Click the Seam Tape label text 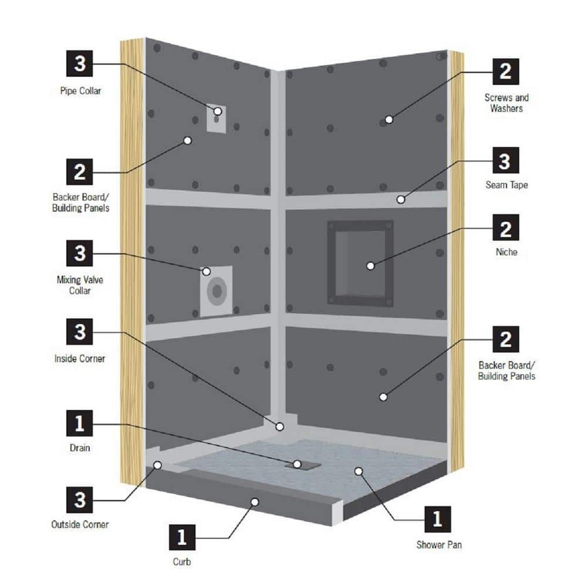point(506,185)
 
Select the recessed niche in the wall point(360,262)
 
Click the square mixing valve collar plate point(216,292)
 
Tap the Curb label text point(182,562)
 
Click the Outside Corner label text point(80,524)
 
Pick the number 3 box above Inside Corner point(80,332)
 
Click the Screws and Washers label point(506,103)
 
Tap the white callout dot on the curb point(255,501)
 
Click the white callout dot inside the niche point(370,266)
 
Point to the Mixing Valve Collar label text point(80,285)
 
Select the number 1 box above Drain point(80,423)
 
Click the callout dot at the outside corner point(158,465)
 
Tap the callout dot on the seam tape point(400,200)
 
